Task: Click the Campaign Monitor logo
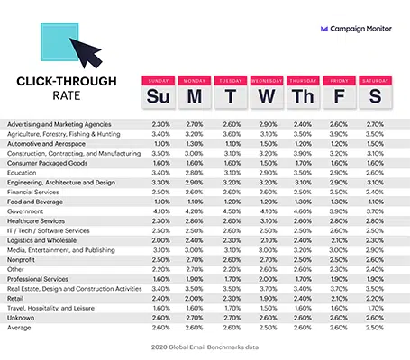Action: click(356, 29)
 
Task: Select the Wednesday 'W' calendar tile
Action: click(267, 92)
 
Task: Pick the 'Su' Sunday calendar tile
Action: click(159, 92)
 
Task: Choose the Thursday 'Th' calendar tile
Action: click(303, 92)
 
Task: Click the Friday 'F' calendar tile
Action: click(339, 92)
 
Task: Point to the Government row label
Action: click(25, 211)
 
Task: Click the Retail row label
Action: click(15, 299)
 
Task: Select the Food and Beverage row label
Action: click(35, 202)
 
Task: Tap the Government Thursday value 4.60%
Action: click(303, 211)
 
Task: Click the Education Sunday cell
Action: click(161, 173)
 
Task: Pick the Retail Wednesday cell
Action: click(268, 299)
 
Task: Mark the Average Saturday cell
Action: click(375, 328)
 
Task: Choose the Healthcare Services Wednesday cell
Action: click(268, 221)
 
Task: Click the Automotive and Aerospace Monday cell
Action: click(195, 144)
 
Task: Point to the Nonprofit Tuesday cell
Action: click(232, 260)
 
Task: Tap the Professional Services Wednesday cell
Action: click(268, 279)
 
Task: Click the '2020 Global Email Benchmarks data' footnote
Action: click(205, 347)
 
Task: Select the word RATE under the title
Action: click(67, 95)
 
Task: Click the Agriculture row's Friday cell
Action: click(339, 134)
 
